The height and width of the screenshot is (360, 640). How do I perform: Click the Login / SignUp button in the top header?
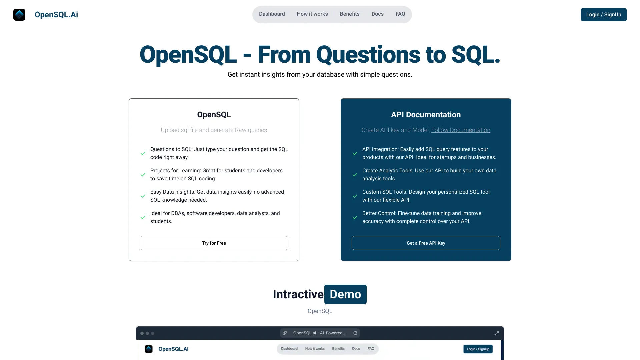[x=603, y=15]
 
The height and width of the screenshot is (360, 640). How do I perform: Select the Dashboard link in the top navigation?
[x=272, y=14]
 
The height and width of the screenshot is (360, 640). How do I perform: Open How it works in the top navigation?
[x=312, y=14]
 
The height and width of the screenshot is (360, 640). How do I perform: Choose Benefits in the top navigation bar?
[x=349, y=14]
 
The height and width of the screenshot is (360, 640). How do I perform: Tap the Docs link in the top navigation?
[x=377, y=14]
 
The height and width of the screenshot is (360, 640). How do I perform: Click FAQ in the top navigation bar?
[x=400, y=14]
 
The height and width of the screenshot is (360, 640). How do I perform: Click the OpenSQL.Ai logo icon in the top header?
[x=19, y=15]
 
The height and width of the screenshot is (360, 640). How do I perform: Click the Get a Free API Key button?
[x=426, y=243]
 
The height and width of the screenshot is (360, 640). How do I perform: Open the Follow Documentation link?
[x=460, y=130]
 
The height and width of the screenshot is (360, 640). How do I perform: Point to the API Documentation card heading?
[x=426, y=115]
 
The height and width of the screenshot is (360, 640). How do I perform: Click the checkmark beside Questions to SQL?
[x=143, y=153]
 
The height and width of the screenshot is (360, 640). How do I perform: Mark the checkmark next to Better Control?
[x=355, y=217]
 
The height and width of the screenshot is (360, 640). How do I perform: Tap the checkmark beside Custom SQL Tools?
[x=355, y=196]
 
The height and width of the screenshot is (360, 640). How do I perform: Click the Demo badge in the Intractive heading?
[x=345, y=294]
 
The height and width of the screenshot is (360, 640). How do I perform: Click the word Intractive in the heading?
[x=298, y=294]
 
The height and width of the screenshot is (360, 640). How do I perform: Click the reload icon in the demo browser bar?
[x=355, y=333]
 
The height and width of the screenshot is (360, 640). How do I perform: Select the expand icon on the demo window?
[x=496, y=333]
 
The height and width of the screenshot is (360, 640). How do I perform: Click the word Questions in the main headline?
[x=368, y=55]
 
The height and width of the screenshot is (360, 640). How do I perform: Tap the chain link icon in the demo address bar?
[x=285, y=333]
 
